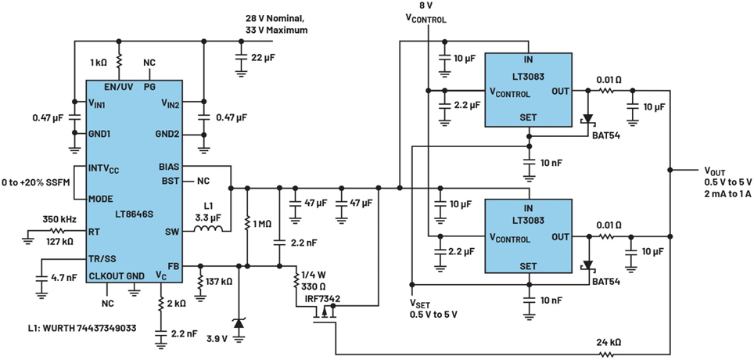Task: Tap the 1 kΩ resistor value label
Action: (99, 62)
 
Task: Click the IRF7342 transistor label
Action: (322, 298)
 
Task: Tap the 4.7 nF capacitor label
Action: (65, 277)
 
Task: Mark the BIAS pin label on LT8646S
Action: (167, 167)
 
